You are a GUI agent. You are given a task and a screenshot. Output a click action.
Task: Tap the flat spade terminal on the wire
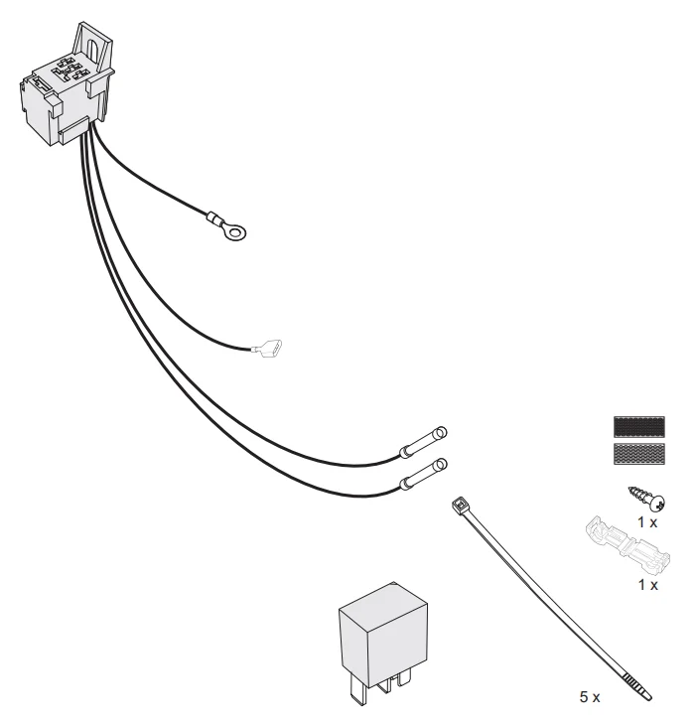coord(268,349)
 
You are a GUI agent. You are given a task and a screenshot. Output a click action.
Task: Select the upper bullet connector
coord(423,442)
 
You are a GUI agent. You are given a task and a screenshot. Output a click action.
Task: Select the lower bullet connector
coord(423,474)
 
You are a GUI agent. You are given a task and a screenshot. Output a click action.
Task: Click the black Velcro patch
coord(639,427)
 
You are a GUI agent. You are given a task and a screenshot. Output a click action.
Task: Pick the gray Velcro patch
coord(639,454)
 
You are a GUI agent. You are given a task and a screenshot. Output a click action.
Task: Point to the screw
coord(647,499)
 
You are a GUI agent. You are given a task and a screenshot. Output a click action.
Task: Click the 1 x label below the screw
coord(647,522)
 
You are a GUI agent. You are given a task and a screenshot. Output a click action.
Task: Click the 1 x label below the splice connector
coord(647,585)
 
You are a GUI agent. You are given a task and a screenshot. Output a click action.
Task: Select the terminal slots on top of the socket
coord(70,70)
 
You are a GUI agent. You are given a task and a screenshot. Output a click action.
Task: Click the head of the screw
coord(658,504)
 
